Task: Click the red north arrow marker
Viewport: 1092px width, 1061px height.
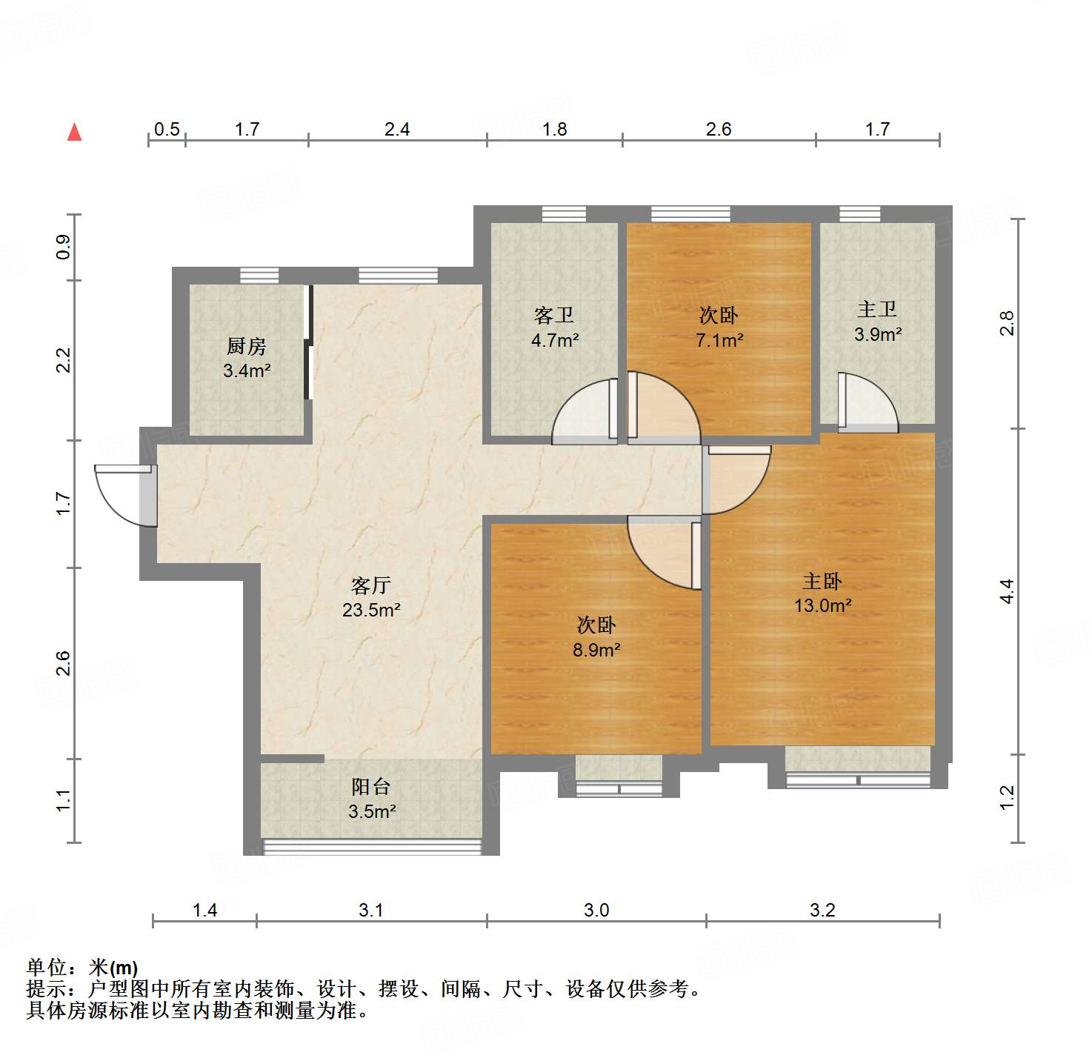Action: tap(74, 132)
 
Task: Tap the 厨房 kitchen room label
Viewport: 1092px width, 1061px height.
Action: tap(246, 346)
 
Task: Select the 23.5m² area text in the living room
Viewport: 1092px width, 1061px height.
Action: tap(371, 611)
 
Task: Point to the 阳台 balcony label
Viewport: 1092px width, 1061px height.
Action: tap(370, 787)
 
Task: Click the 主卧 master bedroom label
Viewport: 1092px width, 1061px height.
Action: tap(822, 582)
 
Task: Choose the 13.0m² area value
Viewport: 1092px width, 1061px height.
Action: tap(822, 605)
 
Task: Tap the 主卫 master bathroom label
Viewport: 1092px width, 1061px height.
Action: tap(877, 310)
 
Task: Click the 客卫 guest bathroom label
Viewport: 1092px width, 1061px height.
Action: tap(554, 316)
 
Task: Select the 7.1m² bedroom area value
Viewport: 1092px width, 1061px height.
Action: tap(719, 340)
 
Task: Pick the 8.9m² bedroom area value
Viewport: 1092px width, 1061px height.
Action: tap(596, 650)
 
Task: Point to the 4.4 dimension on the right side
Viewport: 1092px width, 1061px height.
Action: tap(1007, 591)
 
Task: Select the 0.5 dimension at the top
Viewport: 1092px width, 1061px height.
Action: tap(167, 130)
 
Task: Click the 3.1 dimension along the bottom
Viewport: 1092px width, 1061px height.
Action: tap(371, 910)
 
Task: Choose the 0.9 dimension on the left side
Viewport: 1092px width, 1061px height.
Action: tap(64, 247)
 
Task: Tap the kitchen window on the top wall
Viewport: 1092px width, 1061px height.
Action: tap(259, 276)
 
